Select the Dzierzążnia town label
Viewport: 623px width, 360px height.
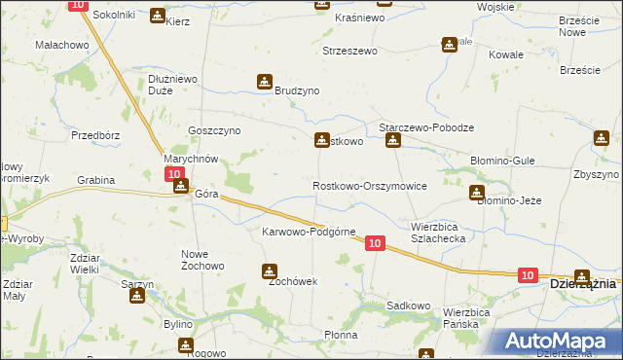[583, 284]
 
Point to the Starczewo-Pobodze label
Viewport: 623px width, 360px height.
[425, 127]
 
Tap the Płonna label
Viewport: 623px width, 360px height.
[341, 335]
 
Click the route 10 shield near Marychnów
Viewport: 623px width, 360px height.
[174, 173]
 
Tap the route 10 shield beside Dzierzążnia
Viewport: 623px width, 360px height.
[527, 276]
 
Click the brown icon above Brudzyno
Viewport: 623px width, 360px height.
[264, 82]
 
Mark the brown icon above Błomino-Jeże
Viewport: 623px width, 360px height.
[476, 193]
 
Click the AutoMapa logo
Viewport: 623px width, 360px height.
[560, 341]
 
